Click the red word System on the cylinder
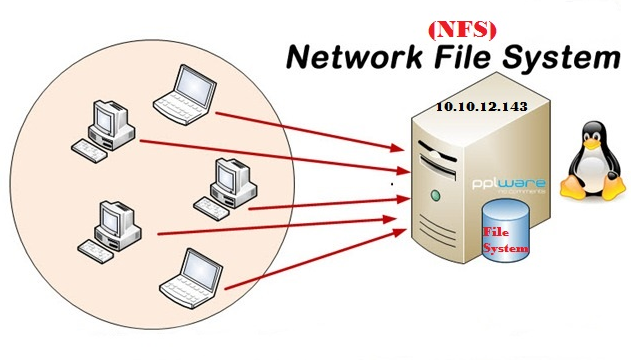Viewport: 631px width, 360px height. coord(506,247)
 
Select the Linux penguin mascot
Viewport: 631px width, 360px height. coord(588,160)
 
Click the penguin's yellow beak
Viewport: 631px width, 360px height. coord(588,140)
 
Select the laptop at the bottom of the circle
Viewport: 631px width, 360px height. coord(187,274)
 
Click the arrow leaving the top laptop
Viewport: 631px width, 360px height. coord(300,124)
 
